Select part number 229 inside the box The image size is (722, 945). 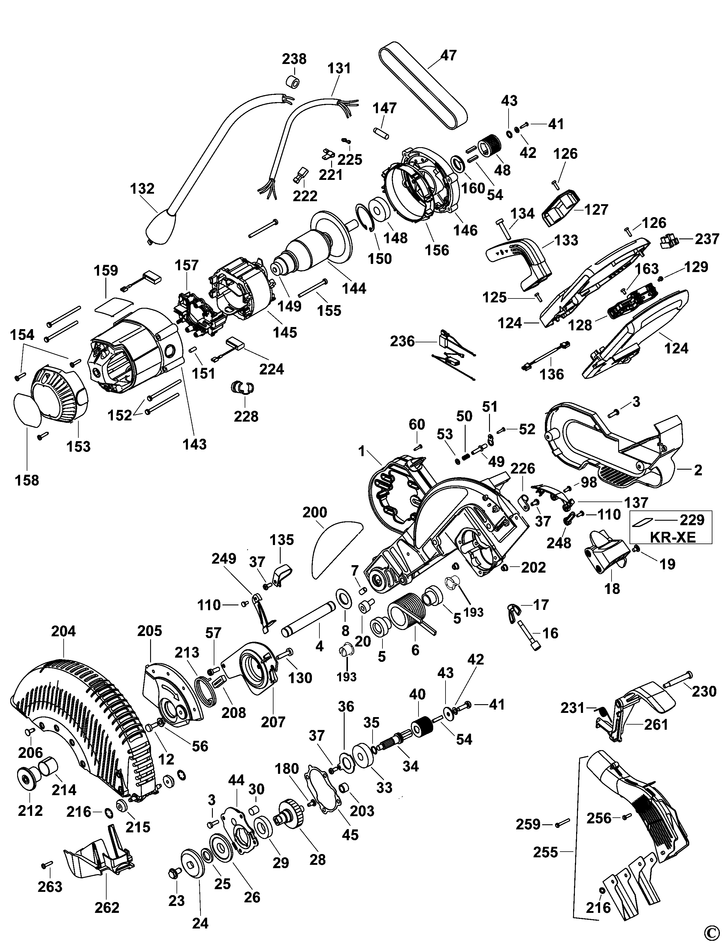[691, 520]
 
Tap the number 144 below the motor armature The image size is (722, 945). [354, 288]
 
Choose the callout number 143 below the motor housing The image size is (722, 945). [195, 444]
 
